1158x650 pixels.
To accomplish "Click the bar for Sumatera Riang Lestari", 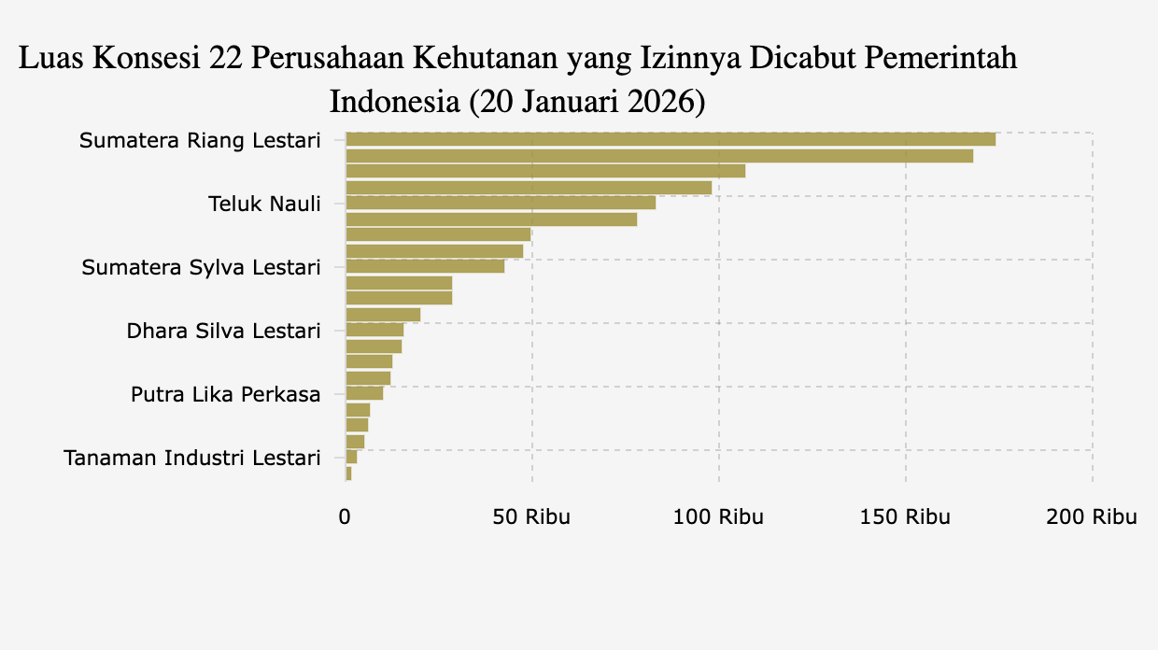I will pos(670,140).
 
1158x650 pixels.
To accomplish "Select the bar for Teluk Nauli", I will pos(501,204).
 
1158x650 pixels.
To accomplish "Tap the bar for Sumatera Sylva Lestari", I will pos(425,267).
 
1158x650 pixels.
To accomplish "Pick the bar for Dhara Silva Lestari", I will pos(374,330).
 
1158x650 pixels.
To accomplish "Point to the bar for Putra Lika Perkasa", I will pos(364,393).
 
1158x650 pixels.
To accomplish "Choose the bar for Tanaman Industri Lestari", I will pos(351,457).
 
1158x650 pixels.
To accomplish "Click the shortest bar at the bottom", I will pos(348,473).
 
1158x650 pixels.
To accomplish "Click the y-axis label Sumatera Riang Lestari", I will pos(199,141).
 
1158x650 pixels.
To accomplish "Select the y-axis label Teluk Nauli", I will pos(264,204).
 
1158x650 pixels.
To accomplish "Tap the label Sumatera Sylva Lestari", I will pos(201,267).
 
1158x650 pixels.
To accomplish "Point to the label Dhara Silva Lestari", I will pos(223,331).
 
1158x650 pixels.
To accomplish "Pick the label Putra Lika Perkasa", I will pos(225,394).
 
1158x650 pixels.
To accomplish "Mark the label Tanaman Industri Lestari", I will pos(191,458).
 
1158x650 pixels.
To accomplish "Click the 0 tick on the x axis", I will pos(345,516).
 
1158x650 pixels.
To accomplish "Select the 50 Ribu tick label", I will pos(531,516).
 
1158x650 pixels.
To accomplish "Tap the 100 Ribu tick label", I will pos(718,516).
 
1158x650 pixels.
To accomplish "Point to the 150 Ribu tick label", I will pos(905,516).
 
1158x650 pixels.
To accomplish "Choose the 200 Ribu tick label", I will pos(1092,516).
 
